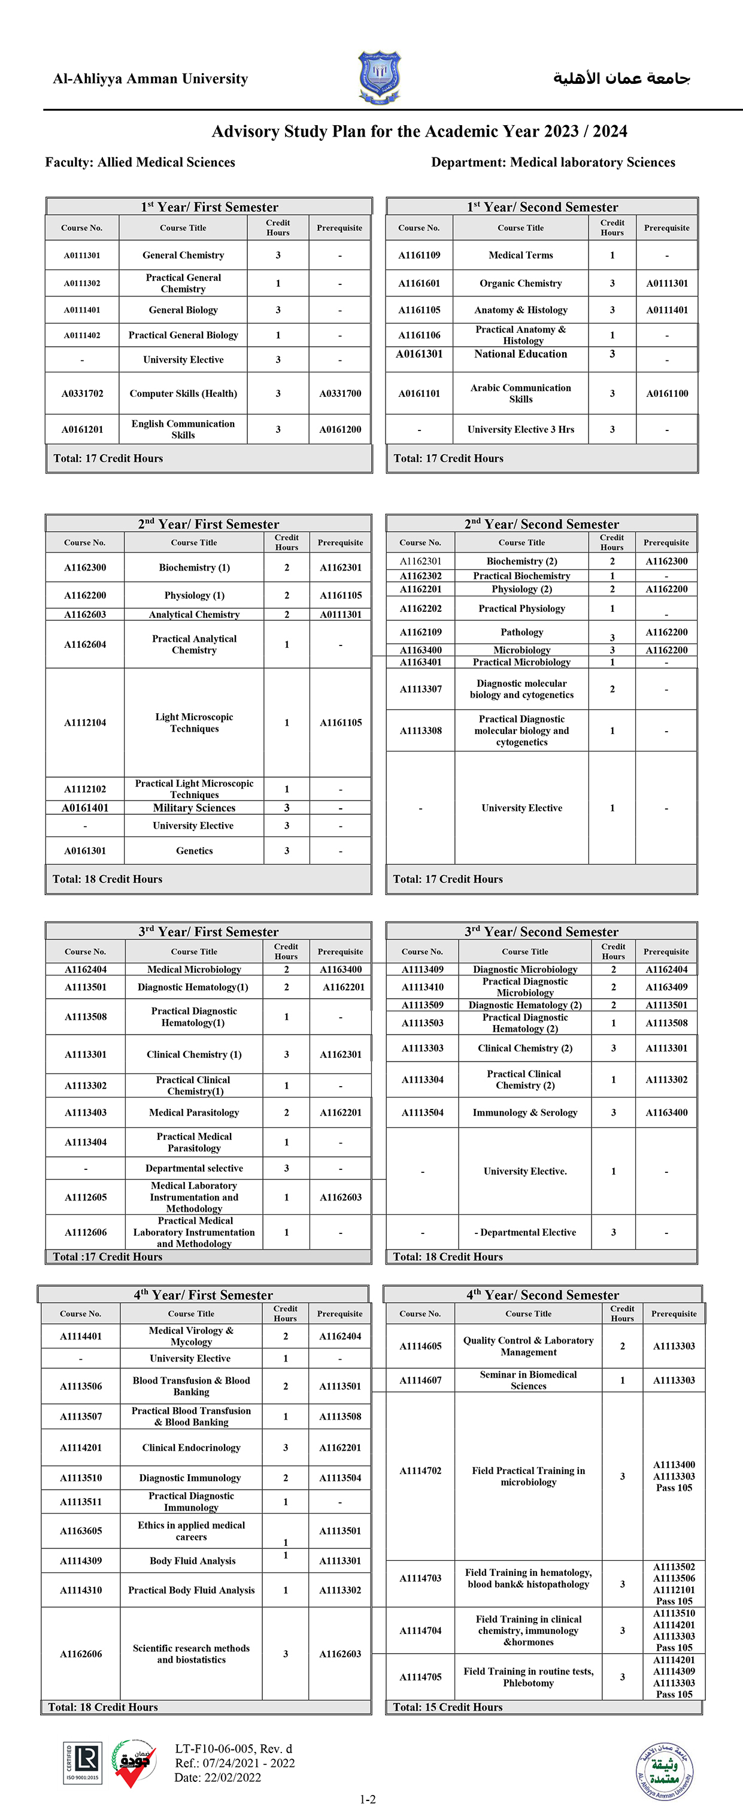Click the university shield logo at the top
tap(380, 77)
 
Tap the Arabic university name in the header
tap(621, 78)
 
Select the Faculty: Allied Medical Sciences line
tap(140, 162)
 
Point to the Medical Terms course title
tap(521, 255)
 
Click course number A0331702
tap(82, 393)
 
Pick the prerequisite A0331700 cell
tap(340, 393)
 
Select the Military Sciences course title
tap(195, 808)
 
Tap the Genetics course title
tap(195, 851)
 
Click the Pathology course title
tap(522, 632)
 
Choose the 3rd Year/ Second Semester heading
tap(542, 932)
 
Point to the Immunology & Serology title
tap(525, 1112)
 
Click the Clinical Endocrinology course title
tap(191, 1448)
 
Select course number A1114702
tap(420, 1471)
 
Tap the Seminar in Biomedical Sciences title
tap(528, 1380)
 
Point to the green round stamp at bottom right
tap(665, 1771)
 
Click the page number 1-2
tap(368, 1799)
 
